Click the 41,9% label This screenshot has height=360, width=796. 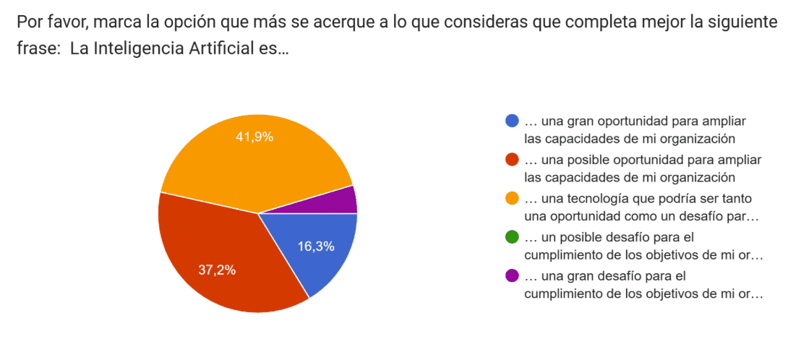(x=254, y=137)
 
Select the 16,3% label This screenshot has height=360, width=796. (x=316, y=247)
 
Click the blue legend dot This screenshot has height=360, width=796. (x=512, y=121)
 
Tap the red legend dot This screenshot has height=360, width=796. (x=512, y=160)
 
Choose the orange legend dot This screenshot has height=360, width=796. (x=512, y=199)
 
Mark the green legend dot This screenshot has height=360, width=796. (x=512, y=238)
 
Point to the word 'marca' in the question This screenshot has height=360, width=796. (x=115, y=22)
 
